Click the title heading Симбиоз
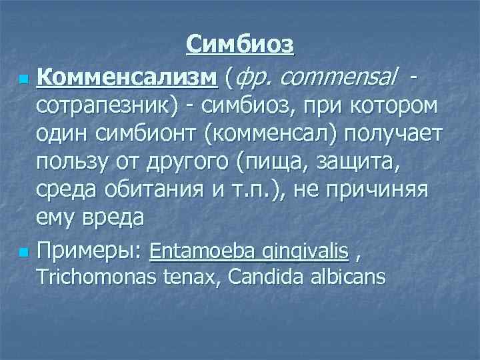point(240,45)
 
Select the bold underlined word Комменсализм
point(127,79)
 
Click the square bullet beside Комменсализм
point(24,81)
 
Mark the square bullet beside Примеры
point(24,252)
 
